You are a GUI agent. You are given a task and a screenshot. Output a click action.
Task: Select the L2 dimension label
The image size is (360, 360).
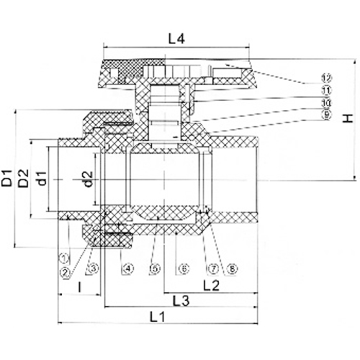click(x=211, y=287)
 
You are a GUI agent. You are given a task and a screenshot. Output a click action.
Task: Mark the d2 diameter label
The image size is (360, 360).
click(x=87, y=178)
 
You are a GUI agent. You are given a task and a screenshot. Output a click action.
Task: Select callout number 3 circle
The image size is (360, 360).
click(x=91, y=269)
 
